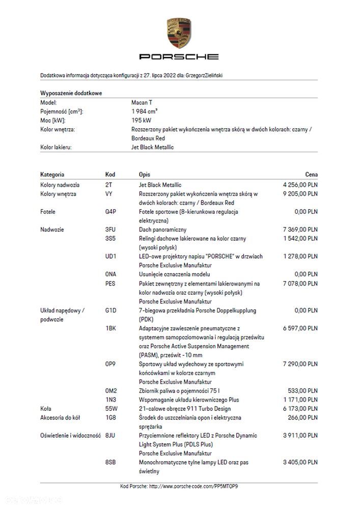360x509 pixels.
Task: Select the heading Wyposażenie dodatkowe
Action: click(71, 93)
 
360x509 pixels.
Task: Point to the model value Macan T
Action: click(142, 102)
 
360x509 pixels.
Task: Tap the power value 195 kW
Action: click(141, 121)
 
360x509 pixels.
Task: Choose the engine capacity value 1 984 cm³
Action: click(144, 111)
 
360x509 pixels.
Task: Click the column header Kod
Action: click(110, 175)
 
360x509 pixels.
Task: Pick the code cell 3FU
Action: click(110, 230)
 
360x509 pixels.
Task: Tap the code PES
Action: click(110, 284)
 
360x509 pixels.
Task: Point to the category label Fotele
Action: click(48, 212)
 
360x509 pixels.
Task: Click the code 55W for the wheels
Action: click(111, 409)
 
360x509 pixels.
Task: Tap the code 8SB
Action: click(110, 462)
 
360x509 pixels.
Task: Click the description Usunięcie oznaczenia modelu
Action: click(174, 274)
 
